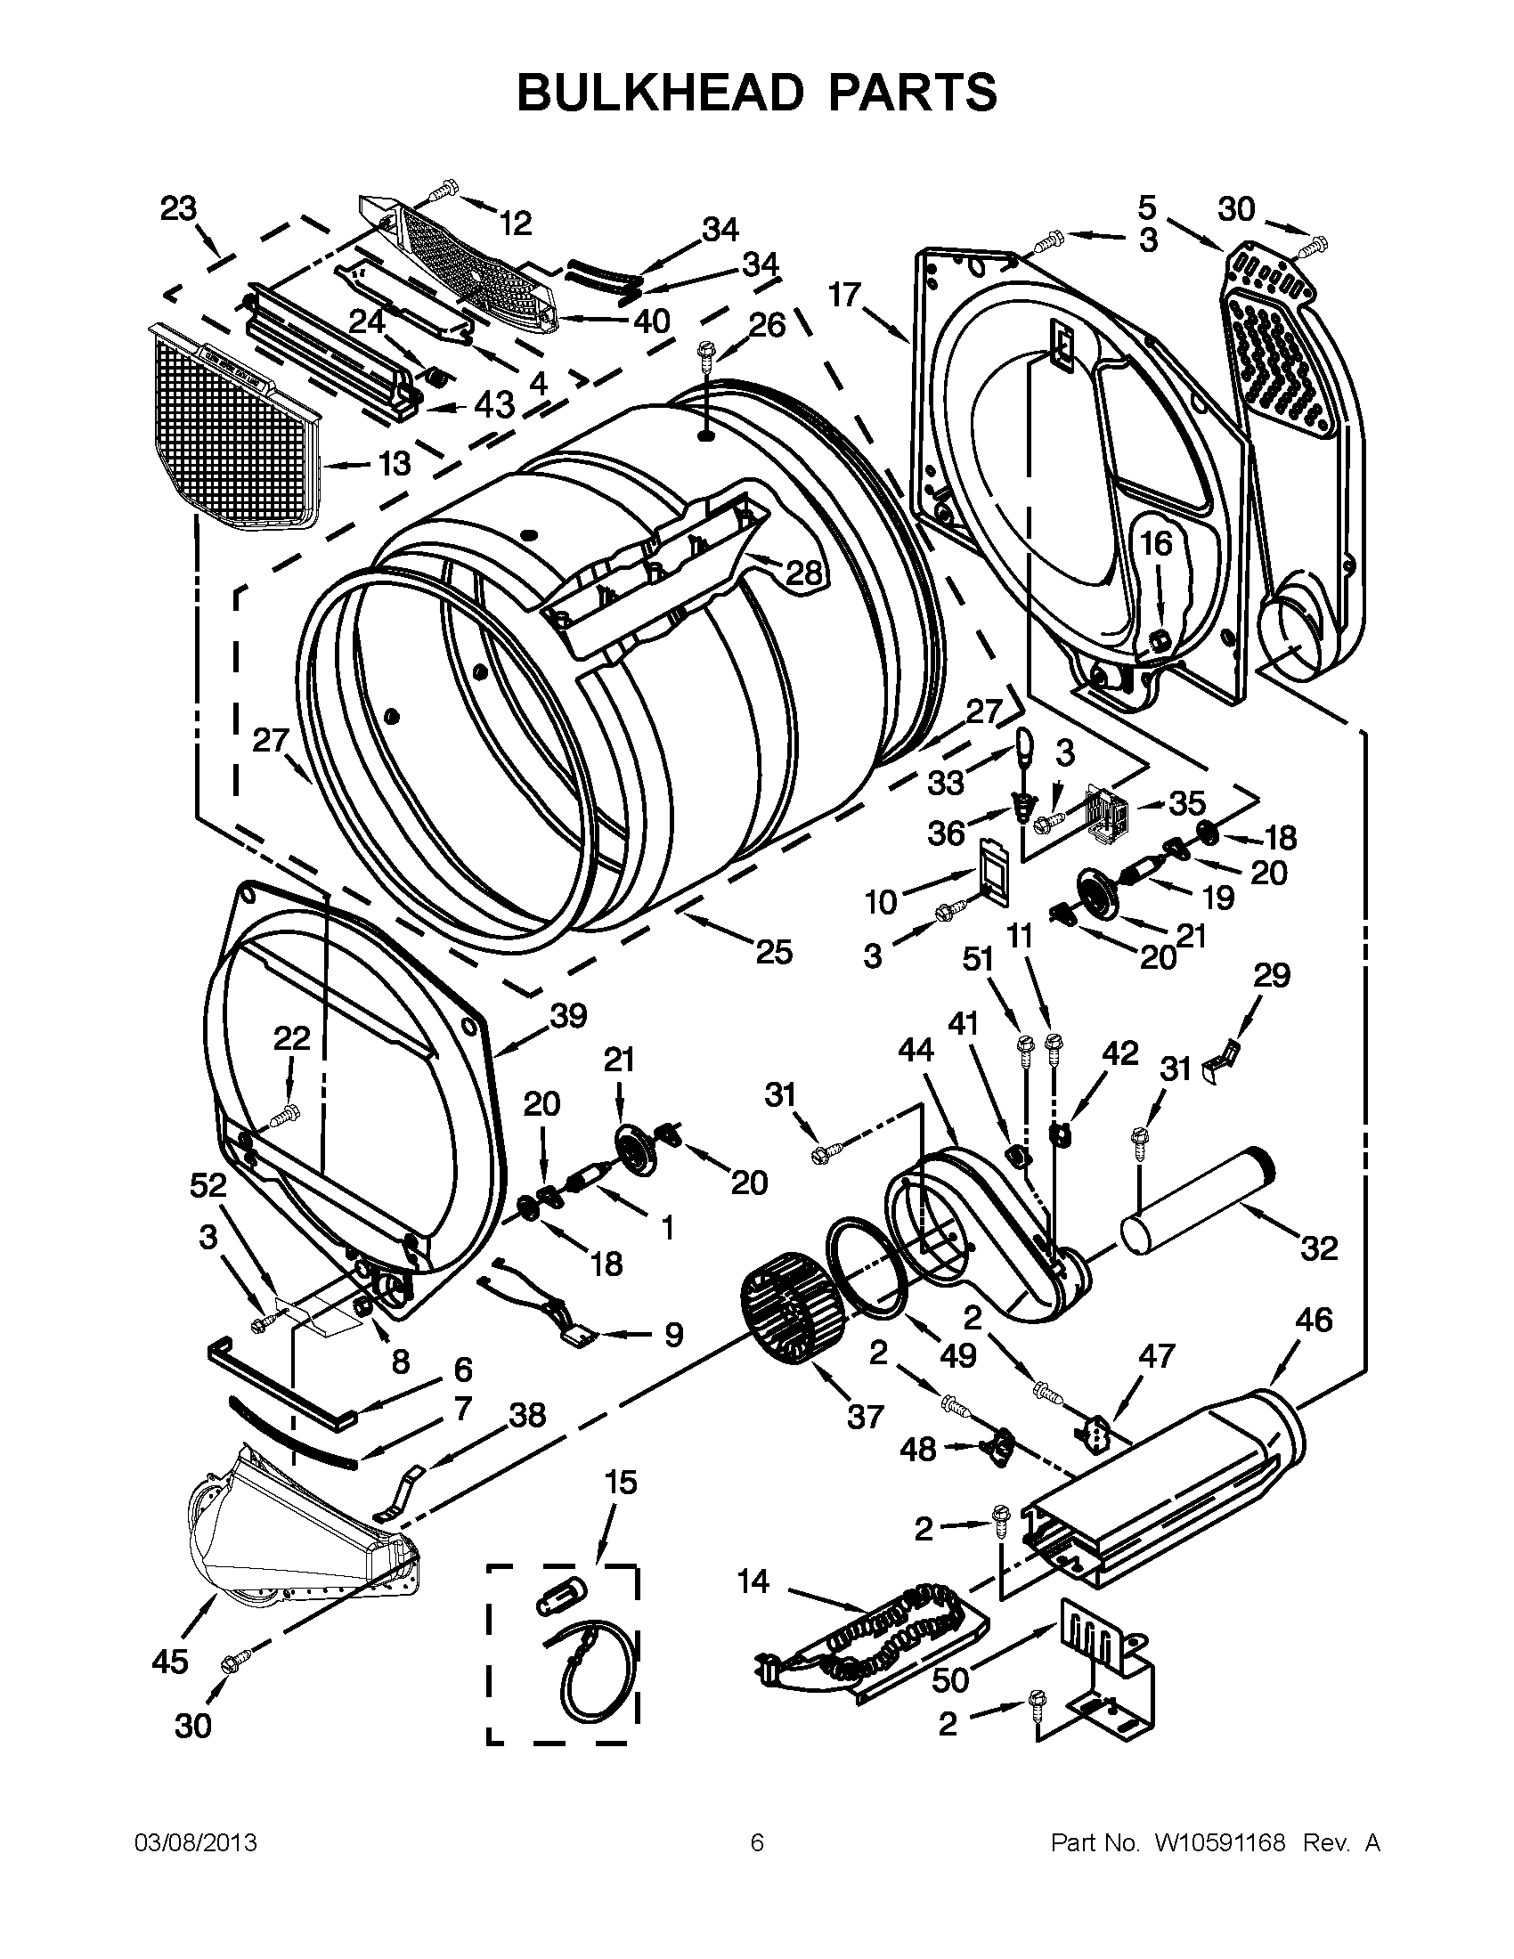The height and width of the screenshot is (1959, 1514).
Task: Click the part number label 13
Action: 393,464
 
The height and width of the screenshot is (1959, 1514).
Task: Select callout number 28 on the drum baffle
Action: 803,572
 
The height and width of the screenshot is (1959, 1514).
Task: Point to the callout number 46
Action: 1314,1320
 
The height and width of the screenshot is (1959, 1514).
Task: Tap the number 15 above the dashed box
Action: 620,1483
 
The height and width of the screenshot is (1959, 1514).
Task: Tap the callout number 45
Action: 170,1662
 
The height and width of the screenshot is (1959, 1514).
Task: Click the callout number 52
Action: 208,1186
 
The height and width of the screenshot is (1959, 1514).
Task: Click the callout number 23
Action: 178,209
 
